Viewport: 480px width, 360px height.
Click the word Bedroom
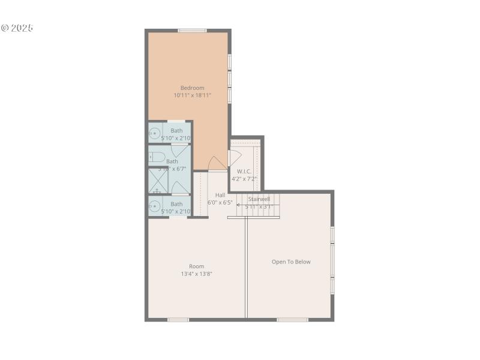click(192, 88)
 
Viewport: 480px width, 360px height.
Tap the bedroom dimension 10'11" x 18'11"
click(193, 95)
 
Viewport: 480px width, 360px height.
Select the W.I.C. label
click(244, 171)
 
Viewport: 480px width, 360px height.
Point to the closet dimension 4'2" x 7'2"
click(244, 178)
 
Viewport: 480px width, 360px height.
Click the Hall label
click(220, 195)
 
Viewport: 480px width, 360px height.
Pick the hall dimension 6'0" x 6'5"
click(220, 202)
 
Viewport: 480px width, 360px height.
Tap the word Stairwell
click(259, 199)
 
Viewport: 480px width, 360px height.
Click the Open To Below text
click(291, 262)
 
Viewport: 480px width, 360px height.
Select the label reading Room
click(197, 266)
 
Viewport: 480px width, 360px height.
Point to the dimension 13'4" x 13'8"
click(197, 274)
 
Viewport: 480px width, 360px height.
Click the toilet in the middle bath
click(157, 157)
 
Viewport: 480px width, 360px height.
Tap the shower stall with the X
click(158, 181)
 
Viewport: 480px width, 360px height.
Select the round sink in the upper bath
click(155, 134)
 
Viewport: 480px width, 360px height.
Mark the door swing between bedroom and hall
click(217, 163)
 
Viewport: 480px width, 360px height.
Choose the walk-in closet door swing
click(235, 158)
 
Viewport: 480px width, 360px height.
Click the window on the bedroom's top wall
click(192, 31)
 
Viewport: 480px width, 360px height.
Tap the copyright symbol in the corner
click(5, 28)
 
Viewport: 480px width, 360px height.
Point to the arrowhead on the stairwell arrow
click(238, 206)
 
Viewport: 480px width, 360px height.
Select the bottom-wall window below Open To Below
click(292, 319)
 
